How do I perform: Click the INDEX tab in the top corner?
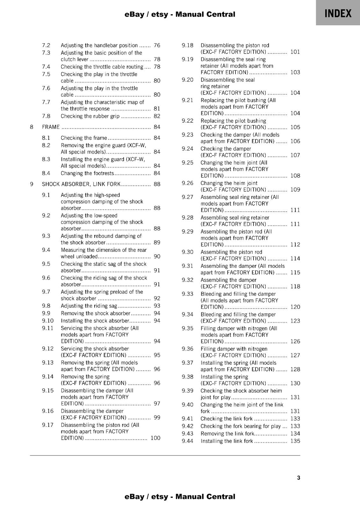338,13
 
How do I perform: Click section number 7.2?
46,45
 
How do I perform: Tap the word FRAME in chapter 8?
51,127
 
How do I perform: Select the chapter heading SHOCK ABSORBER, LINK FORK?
81,184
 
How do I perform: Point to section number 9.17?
47,425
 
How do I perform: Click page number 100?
155,438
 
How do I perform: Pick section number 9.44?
187,441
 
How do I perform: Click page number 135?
295,441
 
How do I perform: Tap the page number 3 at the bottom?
299,478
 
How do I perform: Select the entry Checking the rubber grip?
90,116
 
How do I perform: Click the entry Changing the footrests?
87,173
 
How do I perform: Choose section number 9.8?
46,306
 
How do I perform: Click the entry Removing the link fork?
227,433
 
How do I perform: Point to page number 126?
295,341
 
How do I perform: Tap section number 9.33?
187,294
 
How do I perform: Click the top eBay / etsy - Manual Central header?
180,14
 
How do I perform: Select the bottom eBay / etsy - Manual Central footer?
180,497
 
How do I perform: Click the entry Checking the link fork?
226,419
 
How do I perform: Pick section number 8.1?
46,138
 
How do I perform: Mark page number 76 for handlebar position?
157,45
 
